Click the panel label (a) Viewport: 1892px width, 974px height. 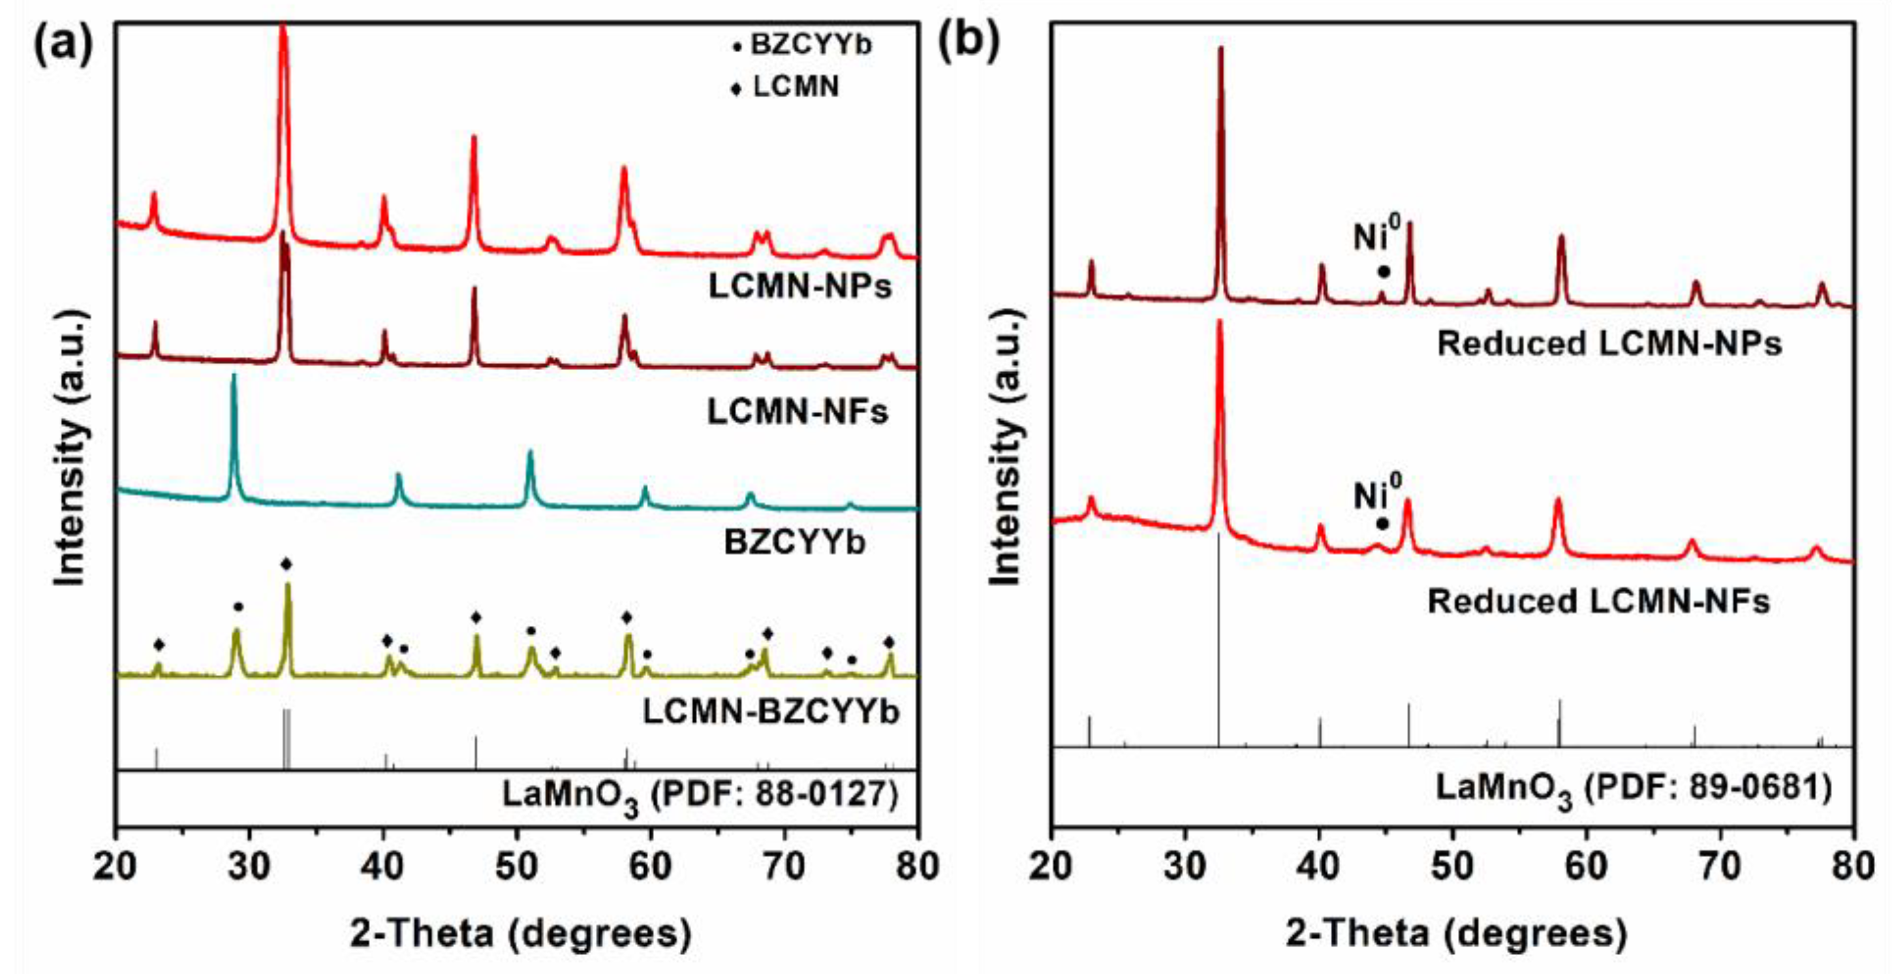[64, 46]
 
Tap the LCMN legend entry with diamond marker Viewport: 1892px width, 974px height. [786, 88]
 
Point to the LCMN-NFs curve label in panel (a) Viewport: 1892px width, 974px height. [798, 412]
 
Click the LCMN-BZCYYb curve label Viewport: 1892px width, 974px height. [771, 712]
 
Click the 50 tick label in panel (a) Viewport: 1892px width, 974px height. [517, 868]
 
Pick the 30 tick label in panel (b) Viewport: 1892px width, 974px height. [1185, 868]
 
